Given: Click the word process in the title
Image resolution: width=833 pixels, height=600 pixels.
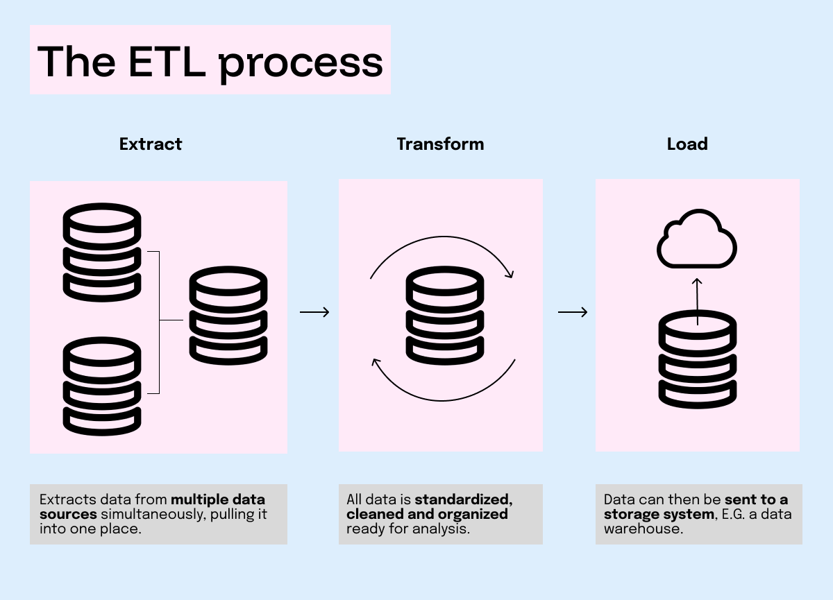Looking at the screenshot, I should (301, 62).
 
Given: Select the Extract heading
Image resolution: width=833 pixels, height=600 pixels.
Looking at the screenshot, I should (151, 144).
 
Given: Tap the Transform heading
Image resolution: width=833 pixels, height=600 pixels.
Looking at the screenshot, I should (440, 144).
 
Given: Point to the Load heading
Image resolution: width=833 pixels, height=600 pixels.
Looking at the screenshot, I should (687, 144).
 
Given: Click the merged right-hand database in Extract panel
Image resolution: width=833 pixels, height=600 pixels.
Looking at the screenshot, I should (228, 316).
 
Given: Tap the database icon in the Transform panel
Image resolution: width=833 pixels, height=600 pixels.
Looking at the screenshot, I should (444, 316).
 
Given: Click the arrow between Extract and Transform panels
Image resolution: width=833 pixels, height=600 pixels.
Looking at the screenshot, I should (314, 313).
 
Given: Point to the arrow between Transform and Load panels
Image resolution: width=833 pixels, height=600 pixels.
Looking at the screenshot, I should (573, 313).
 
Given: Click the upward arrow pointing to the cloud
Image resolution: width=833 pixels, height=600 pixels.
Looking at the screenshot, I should (698, 300).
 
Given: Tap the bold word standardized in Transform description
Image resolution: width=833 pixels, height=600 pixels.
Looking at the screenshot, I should (464, 499).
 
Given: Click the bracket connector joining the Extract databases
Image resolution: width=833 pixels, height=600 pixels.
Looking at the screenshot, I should (160, 321).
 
